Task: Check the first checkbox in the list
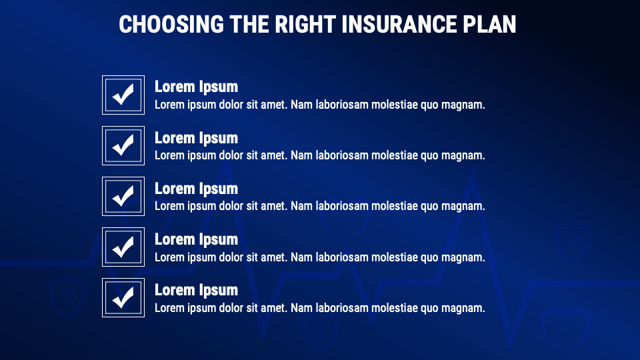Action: (123, 95)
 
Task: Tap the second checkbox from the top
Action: (123, 145)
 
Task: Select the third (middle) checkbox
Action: (123, 196)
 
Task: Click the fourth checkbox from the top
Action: (123, 247)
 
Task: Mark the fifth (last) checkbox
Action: (123, 298)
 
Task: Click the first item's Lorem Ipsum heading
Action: (196, 87)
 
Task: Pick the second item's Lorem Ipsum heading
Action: (196, 138)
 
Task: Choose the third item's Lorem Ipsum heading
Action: (196, 189)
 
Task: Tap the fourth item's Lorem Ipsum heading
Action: (196, 239)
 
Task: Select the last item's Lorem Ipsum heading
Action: (196, 290)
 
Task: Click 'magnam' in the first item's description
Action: (463, 105)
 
